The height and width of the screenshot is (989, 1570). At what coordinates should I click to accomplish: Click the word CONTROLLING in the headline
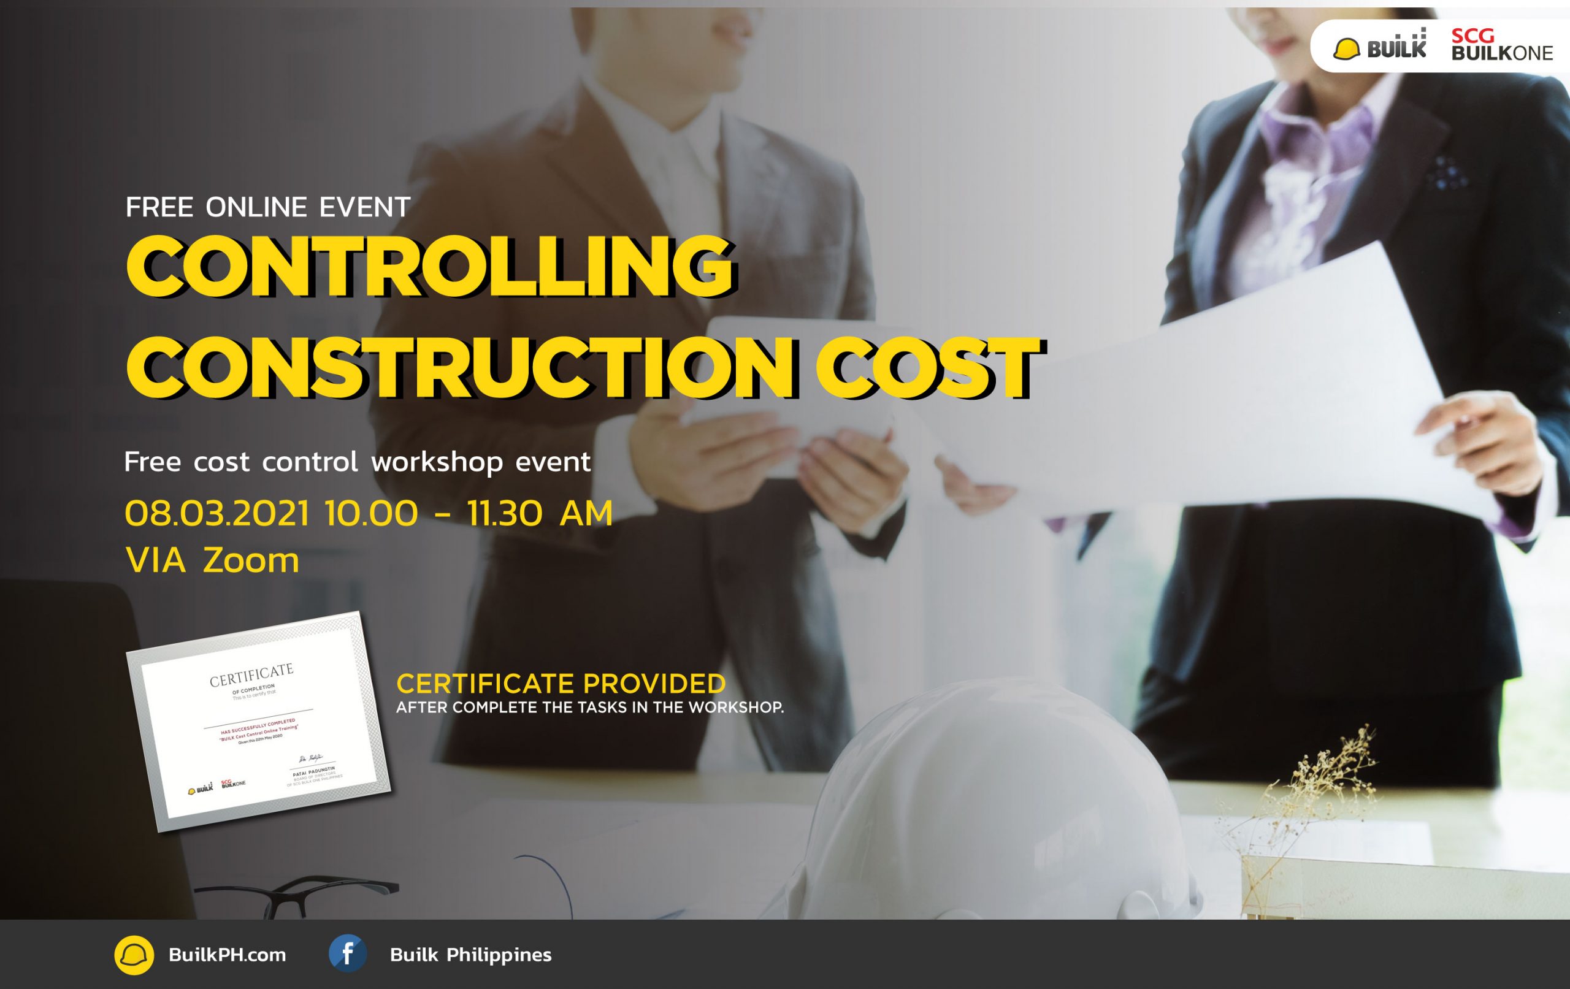431,267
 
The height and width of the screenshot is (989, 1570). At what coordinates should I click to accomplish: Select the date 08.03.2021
217,514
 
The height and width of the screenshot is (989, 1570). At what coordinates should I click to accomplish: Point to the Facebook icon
347,954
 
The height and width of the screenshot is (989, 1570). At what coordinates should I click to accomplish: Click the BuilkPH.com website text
227,955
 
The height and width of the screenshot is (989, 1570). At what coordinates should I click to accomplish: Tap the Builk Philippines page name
470,955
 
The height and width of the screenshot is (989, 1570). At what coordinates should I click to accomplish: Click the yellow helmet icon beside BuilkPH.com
134,955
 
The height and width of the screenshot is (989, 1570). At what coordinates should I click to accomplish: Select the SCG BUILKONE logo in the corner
1501,45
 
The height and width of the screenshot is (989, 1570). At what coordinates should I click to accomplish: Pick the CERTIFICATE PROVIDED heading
561,684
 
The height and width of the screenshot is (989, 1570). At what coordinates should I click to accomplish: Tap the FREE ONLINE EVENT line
267,207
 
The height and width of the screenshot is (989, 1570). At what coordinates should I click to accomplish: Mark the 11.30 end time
504,514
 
